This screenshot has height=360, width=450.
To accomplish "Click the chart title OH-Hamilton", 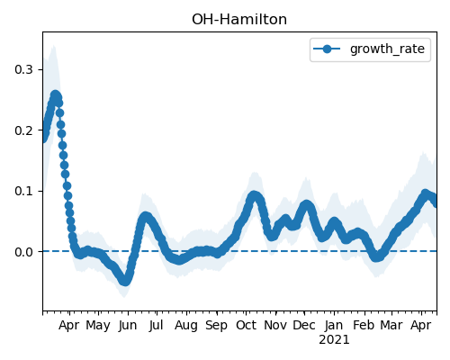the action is (239, 20).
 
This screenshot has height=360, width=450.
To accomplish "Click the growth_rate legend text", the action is (387, 49).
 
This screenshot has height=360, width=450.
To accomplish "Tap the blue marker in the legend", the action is (327, 49).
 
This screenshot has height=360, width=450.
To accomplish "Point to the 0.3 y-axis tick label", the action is (23, 69).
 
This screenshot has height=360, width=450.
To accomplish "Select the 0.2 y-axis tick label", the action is (23, 130).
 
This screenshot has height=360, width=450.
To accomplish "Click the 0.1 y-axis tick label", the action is (23, 191).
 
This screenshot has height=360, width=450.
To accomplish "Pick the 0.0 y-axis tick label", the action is (23, 252).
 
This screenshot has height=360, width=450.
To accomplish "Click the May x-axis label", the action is (98, 326).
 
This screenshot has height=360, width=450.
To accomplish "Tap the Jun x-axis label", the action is (128, 325).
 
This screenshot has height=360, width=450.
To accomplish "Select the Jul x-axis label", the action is (156, 325).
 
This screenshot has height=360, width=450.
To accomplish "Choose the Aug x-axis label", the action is (186, 326).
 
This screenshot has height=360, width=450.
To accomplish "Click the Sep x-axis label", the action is (216, 326).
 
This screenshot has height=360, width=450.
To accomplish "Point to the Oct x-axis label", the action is (246, 325).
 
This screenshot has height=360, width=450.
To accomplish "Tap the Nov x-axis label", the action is (275, 325).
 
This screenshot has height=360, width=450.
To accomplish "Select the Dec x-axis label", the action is (304, 325).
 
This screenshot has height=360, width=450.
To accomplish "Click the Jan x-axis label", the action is (334, 325).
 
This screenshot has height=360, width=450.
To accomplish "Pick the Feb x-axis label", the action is (364, 325).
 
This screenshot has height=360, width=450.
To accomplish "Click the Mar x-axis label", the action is (391, 325).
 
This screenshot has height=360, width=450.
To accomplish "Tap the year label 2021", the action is (334, 340).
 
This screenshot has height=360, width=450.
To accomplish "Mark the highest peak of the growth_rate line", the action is (55, 95).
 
